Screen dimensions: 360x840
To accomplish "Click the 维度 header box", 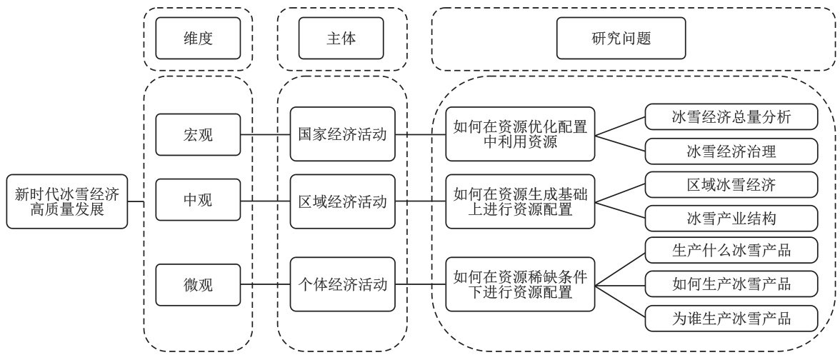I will pos(198,39).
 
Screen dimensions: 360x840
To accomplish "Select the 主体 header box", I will pos(341,39).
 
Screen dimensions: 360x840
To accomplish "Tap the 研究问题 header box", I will pos(621,39).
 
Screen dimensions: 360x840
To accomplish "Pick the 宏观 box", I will pos(198,134).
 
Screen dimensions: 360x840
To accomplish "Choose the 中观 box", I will pos(198,201).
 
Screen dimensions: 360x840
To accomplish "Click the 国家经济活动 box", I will pos(342,134).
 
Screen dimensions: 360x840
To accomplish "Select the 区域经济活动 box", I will pos(342,201).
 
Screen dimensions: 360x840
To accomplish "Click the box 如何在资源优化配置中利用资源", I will pos(520,134).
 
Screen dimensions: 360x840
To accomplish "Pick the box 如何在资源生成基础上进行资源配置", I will pos(520,201).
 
